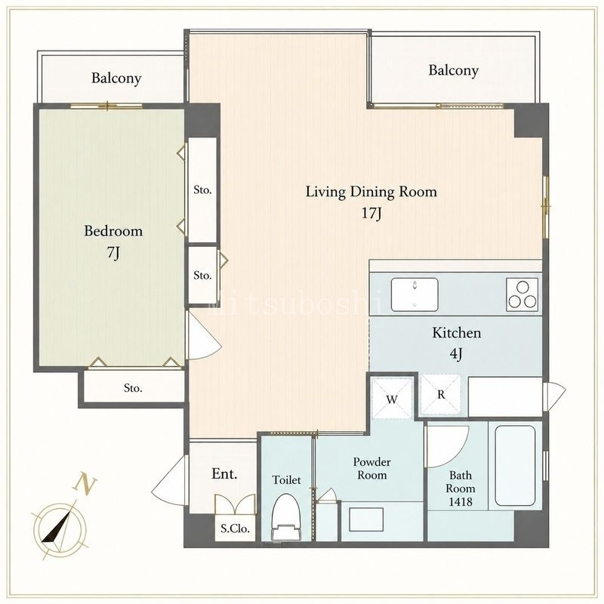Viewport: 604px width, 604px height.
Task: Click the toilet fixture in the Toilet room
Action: (x=286, y=517)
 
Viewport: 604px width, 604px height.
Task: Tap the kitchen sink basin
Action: (x=414, y=294)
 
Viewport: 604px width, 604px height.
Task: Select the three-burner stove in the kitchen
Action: (x=522, y=294)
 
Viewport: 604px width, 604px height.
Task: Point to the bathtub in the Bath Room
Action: (x=515, y=465)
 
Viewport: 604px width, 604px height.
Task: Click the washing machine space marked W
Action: (x=392, y=399)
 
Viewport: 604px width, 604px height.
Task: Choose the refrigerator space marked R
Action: (x=441, y=394)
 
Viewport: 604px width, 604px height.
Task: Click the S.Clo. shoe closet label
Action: (x=235, y=528)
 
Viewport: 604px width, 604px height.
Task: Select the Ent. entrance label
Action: (x=224, y=474)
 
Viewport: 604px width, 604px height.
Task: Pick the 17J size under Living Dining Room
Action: (x=371, y=213)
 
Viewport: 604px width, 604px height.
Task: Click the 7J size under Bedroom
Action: (x=113, y=253)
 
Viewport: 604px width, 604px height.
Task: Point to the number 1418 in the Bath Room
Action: (x=461, y=501)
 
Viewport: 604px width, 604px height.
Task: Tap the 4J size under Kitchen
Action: (x=456, y=353)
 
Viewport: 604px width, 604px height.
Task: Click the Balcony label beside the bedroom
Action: (x=116, y=79)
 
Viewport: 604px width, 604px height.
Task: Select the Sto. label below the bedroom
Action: (x=133, y=388)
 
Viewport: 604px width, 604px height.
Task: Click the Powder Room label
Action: (x=371, y=468)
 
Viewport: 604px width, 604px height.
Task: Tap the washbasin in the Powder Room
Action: (x=366, y=519)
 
